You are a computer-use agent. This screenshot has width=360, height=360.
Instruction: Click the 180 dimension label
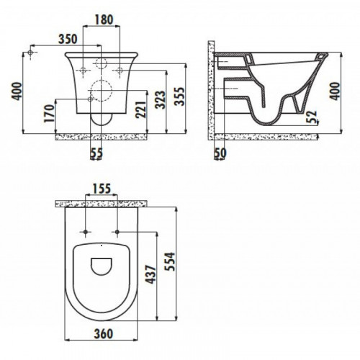tap(104, 19)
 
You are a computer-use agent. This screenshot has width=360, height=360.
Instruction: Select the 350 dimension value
tap(68, 39)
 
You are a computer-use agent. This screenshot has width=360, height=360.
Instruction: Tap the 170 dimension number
tap(50, 113)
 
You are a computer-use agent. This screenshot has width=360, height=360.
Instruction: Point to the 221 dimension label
tap(140, 109)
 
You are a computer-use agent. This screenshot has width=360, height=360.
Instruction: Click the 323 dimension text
tap(161, 99)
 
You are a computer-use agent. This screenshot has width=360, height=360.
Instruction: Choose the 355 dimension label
tap(180, 96)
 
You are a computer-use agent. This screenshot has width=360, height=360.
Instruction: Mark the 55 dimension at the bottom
tap(96, 153)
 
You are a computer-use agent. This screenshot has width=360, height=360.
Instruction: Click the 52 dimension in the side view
tap(312, 117)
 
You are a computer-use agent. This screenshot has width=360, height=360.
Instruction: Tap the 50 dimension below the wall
tap(220, 153)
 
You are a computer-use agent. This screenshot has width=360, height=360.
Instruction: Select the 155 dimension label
tap(102, 189)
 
